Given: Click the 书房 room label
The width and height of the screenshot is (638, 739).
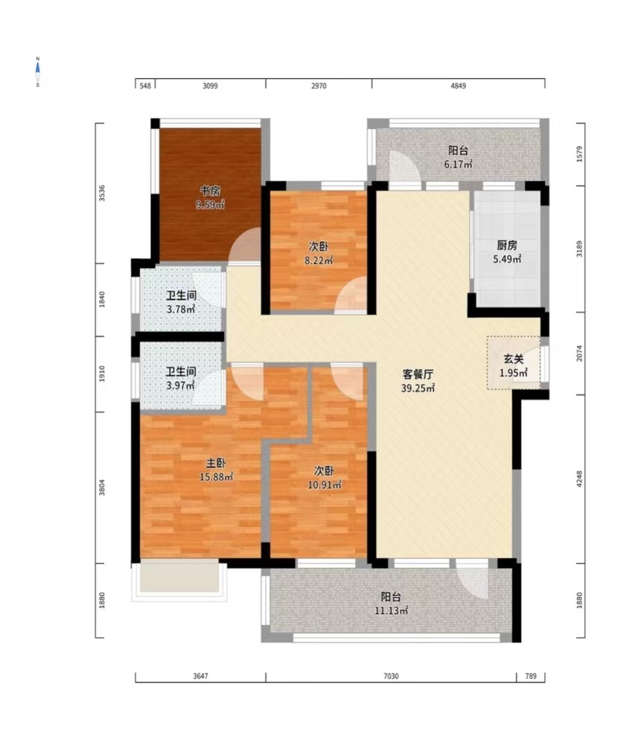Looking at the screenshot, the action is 210,191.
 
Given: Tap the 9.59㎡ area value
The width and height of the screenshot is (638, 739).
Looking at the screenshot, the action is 210,205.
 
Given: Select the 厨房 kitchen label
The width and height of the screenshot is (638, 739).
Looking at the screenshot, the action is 507,246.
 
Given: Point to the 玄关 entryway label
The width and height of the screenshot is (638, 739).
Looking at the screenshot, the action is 514,359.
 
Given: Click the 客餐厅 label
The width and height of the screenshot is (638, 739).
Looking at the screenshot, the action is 418,374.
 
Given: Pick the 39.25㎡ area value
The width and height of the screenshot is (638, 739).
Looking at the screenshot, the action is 418,388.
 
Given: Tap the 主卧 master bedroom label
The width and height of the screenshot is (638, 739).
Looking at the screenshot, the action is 216,464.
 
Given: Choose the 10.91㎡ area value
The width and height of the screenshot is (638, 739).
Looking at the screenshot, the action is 325,484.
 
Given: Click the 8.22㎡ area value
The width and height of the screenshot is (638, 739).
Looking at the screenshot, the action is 319,260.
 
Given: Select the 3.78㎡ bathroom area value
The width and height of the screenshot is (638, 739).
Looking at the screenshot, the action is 181,310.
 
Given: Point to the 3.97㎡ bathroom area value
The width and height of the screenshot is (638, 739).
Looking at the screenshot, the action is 181,386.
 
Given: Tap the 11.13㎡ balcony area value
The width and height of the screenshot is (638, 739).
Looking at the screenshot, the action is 391,611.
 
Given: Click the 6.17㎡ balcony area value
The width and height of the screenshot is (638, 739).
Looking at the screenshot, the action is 459,164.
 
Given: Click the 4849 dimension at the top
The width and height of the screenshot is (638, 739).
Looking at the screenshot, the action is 459,86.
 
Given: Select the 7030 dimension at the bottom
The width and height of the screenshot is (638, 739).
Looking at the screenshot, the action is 391,676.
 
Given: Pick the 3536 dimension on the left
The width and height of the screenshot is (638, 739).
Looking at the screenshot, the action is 102,193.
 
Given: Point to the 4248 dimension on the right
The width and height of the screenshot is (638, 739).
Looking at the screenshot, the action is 579,479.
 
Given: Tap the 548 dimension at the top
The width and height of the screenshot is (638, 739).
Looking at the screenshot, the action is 145,86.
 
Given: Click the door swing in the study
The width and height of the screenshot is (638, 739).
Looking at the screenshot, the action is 245,246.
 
